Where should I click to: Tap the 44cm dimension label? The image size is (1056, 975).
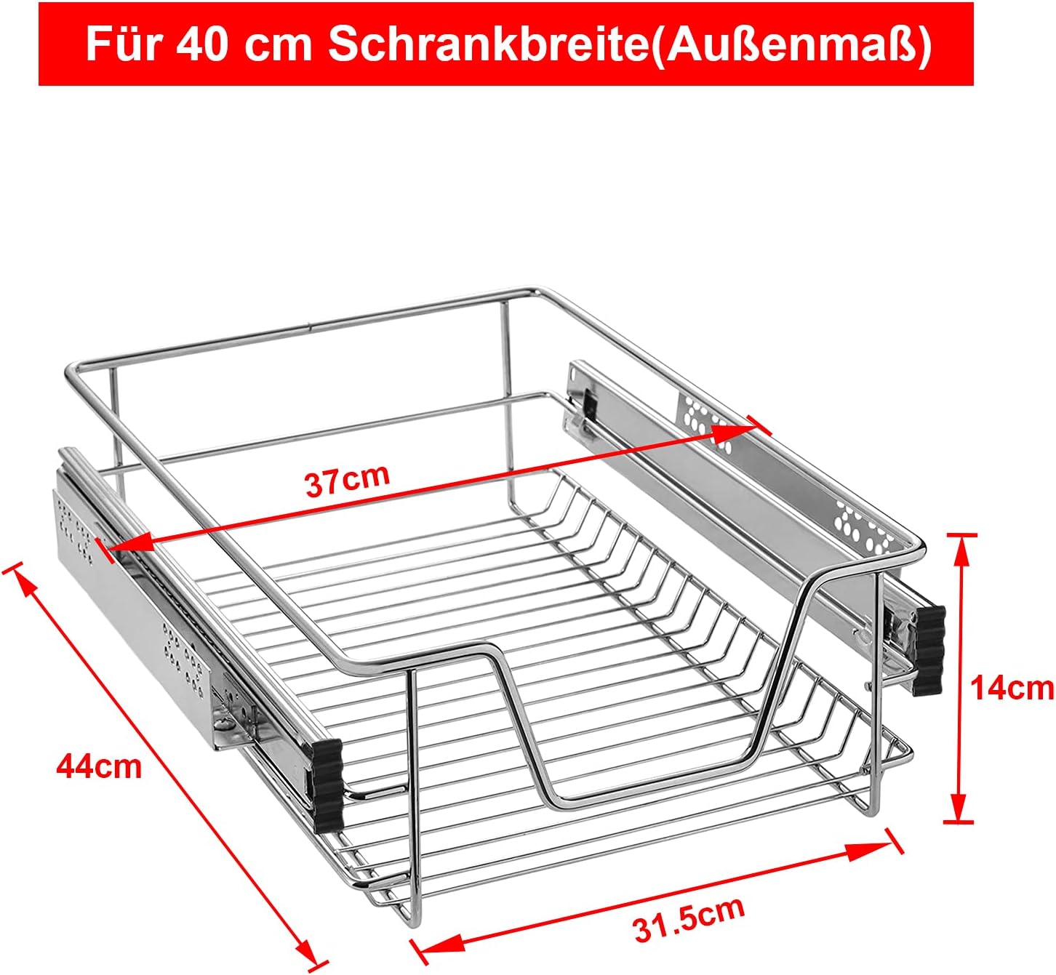pyautogui.click(x=100, y=767)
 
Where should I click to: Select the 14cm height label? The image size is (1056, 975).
pyautogui.click(x=1012, y=689)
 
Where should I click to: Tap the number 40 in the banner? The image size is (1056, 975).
pyautogui.click(x=201, y=45)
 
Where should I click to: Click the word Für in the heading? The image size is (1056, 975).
pyautogui.click(x=121, y=44)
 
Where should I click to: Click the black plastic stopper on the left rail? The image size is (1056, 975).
pyautogui.click(x=328, y=786)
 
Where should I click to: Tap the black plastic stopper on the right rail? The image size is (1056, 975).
pyautogui.click(x=929, y=651)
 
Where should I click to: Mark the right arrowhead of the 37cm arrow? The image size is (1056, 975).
pyautogui.click(x=734, y=434)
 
